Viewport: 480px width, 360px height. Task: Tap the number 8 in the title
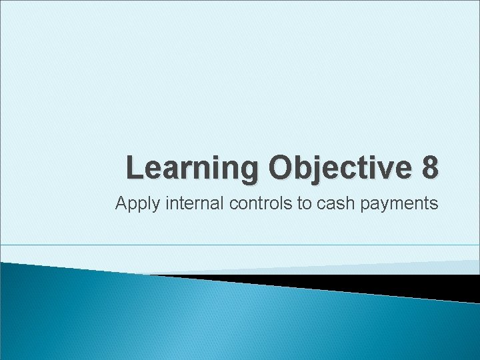click(x=430, y=167)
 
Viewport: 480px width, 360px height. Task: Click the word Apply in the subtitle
click(x=134, y=204)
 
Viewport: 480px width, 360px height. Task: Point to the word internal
click(x=187, y=203)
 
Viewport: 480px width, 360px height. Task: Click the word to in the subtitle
click(x=304, y=203)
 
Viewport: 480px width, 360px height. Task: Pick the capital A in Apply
click(x=122, y=203)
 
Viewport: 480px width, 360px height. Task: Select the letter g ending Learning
click(x=245, y=170)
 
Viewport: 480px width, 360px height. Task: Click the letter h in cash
click(x=349, y=203)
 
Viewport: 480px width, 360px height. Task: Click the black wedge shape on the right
click(x=400, y=284)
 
